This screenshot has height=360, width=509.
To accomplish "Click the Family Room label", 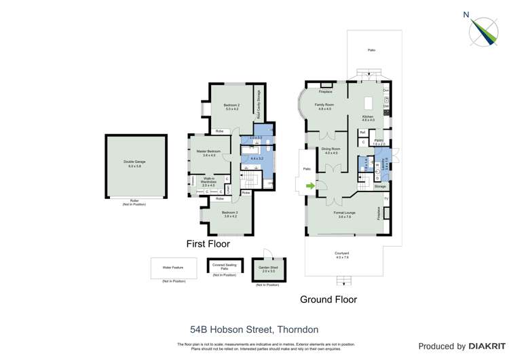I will tap(324, 107).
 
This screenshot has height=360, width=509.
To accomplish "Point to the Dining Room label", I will tap(331, 151).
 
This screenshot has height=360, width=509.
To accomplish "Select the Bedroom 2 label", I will tap(231, 107).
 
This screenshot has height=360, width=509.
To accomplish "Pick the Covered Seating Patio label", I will tap(224, 266).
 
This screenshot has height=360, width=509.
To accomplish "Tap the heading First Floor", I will tap(208, 243).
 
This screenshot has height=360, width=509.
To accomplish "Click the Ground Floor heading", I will tap(328, 299).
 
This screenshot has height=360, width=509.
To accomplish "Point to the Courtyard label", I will tap(342, 256).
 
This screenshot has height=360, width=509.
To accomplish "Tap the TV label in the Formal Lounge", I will tap(386, 198).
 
